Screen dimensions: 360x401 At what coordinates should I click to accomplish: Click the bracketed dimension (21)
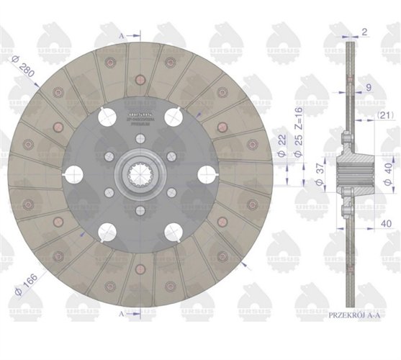coord(384,114)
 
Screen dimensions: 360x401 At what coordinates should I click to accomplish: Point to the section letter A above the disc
coord(120,34)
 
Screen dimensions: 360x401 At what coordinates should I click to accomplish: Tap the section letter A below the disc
coord(120,315)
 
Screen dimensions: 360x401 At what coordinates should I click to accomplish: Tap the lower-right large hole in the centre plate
coord(173,231)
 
